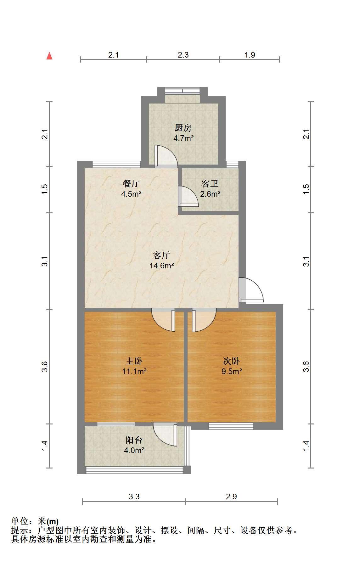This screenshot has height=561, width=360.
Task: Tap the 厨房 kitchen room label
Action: click(x=183, y=128)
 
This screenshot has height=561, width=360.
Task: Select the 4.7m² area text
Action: click(x=183, y=138)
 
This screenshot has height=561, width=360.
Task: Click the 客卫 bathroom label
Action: click(x=210, y=183)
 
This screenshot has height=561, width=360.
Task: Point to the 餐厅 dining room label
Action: click(x=131, y=183)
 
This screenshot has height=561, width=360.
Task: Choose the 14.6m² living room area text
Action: click(x=162, y=266)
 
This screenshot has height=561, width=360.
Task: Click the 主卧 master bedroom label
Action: click(x=134, y=361)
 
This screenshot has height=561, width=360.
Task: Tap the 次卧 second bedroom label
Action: click(x=232, y=361)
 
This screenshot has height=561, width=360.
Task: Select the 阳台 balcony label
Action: click(x=134, y=440)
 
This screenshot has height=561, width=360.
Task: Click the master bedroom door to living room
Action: click(x=163, y=320)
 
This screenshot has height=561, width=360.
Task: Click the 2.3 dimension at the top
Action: click(x=183, y=55)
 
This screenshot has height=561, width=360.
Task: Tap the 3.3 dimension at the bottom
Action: click(x=134, y=496)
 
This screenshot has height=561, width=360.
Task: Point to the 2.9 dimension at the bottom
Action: click(x=231, y=496)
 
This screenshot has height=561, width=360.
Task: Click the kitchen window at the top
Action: click(x=183, y=91)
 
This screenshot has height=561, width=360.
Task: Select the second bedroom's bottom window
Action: click(x=231, y=426)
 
